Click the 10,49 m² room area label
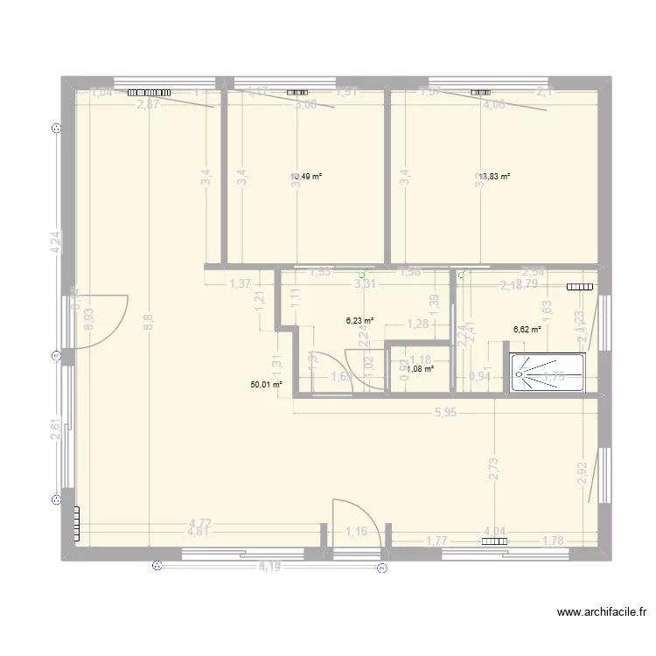[307, 176]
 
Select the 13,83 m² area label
[494, 176]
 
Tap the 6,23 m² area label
[359, 321]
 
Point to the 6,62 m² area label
[527, 330]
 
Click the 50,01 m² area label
[266, 384]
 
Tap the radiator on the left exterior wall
[77, 523]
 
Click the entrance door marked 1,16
[355, 525]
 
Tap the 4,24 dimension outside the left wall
[55, 242]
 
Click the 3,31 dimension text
[365, 283]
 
